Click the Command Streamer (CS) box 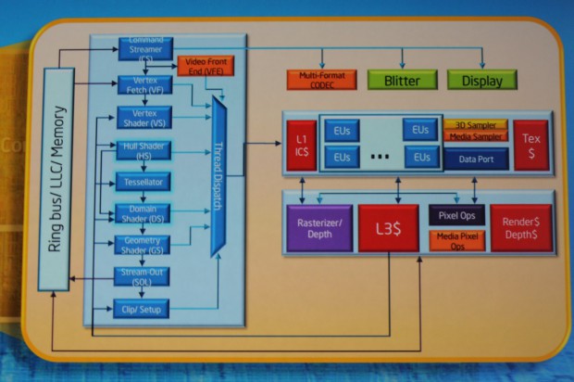pyautogui.click(x=142, y=47)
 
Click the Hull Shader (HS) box pyautogui.click(x=142, y=149)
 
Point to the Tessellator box pyautogui.click(x=142, y=181)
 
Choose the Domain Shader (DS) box pyautogui.click(x=142, y=212)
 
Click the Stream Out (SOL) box pyautogui.click(x=142, y=275)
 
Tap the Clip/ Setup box pyautogui.click(x=142, y=308)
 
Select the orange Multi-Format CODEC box pyautogui.click(x=320, y=80)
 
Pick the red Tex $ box pyautogui.click(x=530, y=144)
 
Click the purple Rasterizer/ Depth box pyautogui.click(x=318, y=228)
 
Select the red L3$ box pyautogui.click(x=389, y=228)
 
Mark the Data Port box pyautogui.click(x=476, y=159)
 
